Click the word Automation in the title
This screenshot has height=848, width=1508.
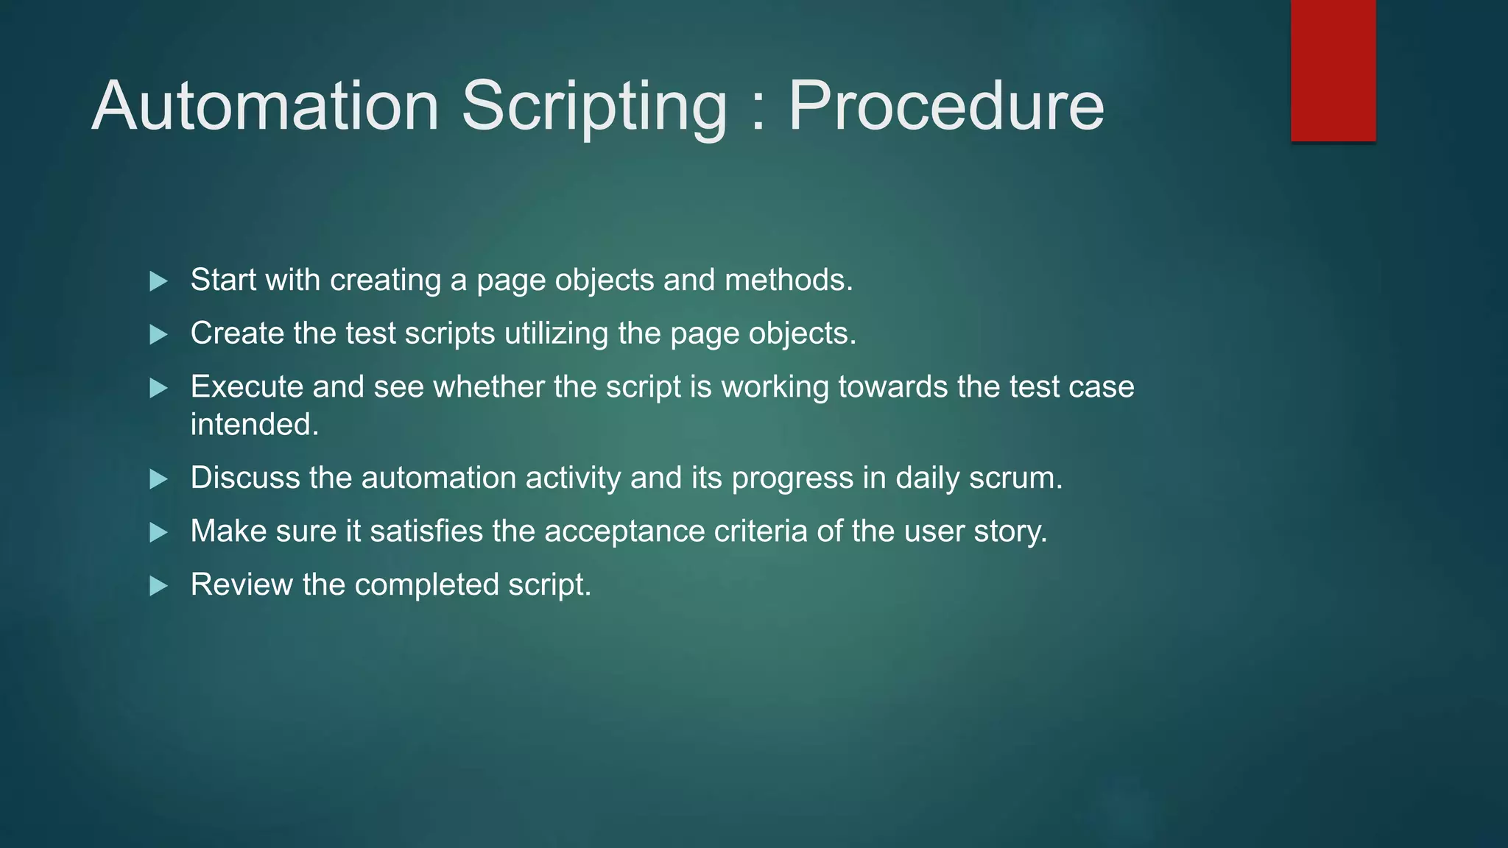(x=265, y=106)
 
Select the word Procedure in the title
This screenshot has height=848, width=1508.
(x=945, y=106)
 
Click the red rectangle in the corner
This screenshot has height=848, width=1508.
(x=1333, y=70)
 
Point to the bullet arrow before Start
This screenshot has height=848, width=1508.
(x=158, y=281)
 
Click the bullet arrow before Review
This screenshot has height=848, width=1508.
(x=158, y=586)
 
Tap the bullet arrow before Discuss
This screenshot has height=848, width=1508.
(x=158, y=479)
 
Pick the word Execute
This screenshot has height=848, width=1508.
(x=247, y=386)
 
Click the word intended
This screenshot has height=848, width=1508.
(x=254, y=425)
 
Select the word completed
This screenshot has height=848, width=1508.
(x=426, y=585)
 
